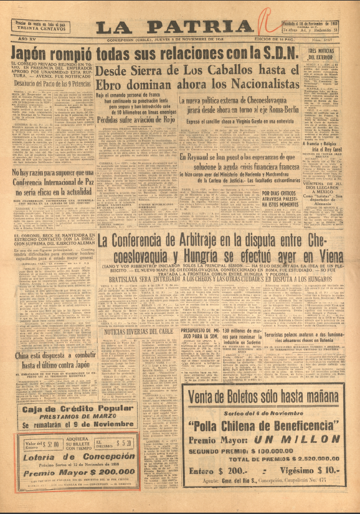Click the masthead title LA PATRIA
(174, 26)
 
